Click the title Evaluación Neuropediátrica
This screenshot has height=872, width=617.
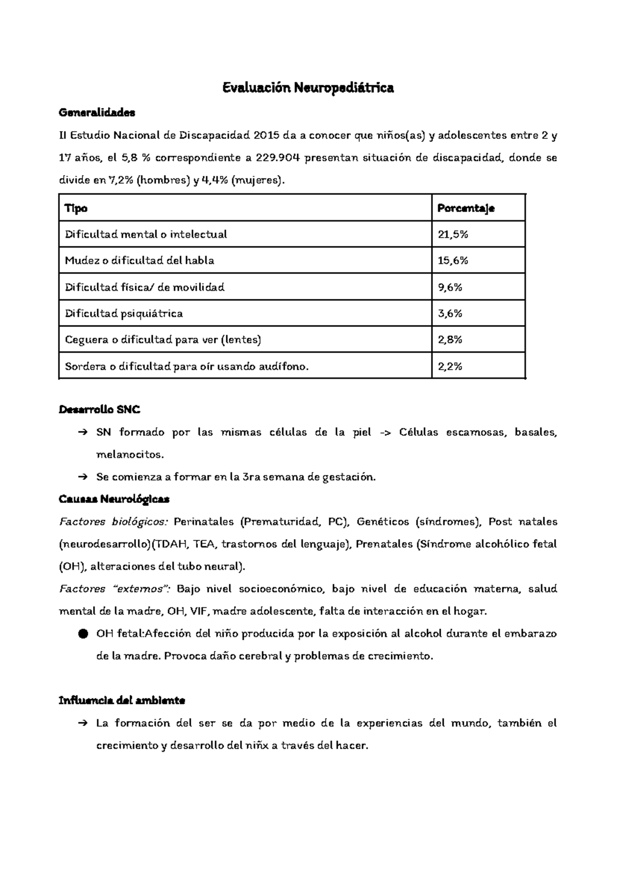point(308,88)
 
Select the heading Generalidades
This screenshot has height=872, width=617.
point(97,113)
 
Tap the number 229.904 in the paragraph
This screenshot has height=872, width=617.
point(278,158)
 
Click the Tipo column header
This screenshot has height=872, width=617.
point(76,208)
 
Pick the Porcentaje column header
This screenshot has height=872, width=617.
point(466,208)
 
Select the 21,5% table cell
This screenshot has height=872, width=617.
point(453,234)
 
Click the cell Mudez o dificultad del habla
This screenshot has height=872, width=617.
point(139,261)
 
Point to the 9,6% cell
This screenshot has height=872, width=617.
point(450,287)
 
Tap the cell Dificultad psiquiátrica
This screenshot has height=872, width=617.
point(124,314)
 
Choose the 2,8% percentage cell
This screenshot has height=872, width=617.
point(450,340)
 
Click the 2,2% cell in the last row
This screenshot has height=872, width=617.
point(450,367)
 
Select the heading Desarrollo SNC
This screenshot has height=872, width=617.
point(100,410)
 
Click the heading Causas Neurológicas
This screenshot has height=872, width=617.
point(114,499)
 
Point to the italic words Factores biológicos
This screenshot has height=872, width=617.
point(114,522)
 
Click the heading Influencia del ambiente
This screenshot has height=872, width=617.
point(122,701)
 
